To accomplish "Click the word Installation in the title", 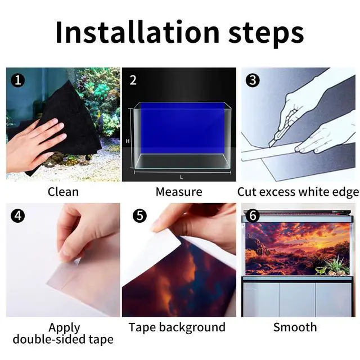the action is [137, 32].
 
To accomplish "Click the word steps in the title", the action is [266, 34].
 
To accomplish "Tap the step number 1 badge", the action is [17, 80].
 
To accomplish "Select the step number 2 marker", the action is [133, 80].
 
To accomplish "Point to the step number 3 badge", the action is [253, 80].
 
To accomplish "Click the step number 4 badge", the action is [17, 215].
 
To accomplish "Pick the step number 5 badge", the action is [139, 215].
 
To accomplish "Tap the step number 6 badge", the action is [253, 215].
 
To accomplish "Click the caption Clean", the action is [63, 192].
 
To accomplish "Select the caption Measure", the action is [179, 192].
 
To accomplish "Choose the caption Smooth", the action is [295, 327].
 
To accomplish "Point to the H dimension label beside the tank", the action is [128, 141].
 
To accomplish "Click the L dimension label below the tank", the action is [181, 177].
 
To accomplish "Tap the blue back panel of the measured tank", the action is [182, 128].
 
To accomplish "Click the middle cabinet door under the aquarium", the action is [297, 300].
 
